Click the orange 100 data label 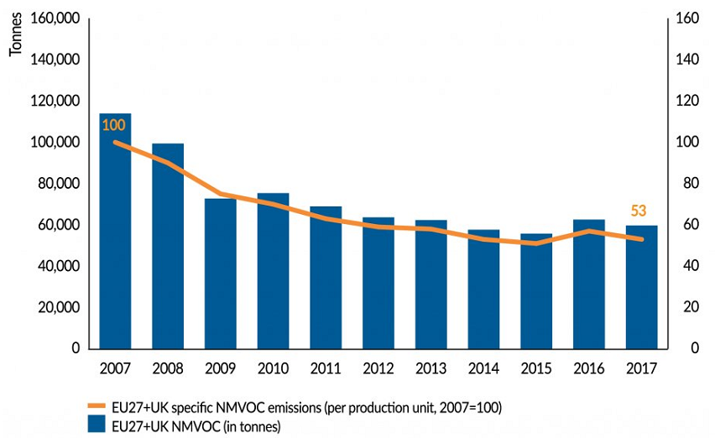[x=113, y=126]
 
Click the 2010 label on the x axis [x=273, y=368]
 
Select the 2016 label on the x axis [x=589, y=368]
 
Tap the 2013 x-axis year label [x=431, y=368]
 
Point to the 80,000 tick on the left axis [x=56, y=184]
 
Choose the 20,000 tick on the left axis [x=56, y=307]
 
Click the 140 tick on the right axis [x=686, y=60]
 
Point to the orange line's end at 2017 [x=642, y=239]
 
